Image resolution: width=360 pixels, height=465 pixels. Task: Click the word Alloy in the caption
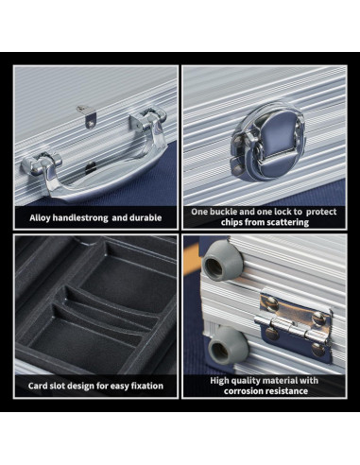point(40,218)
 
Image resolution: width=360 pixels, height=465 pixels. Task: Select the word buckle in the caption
point(222,212)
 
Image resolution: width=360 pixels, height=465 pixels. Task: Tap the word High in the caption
point(219,381)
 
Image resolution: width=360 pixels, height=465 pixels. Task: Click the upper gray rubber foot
point(219,264)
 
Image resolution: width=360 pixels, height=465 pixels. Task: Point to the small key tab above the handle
point(86,115)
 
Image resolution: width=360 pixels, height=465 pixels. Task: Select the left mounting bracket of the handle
point(41,164)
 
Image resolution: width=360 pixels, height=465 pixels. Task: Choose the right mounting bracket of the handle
point(148,119)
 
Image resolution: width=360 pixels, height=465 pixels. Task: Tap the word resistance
point(287,391)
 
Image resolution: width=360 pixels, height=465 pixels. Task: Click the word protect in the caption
point(321,212)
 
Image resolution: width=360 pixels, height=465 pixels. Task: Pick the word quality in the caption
point(246,381)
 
